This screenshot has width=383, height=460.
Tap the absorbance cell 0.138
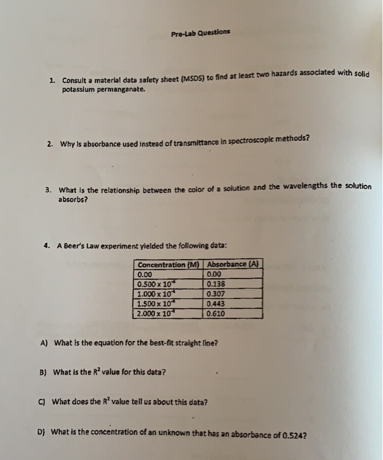(215, 285)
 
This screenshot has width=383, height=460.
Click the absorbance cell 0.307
(215, 294)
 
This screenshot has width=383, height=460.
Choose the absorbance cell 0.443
(215, 304)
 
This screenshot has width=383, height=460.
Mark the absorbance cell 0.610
(215, 314)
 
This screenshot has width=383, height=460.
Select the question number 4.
(48, 245)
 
